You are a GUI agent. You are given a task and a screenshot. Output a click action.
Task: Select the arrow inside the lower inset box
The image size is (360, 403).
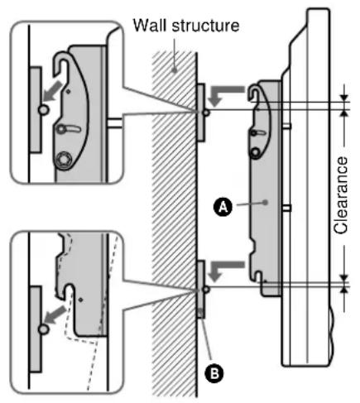coord(56,314)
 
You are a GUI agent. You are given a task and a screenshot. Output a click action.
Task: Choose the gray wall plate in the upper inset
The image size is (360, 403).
coord(31,99)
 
